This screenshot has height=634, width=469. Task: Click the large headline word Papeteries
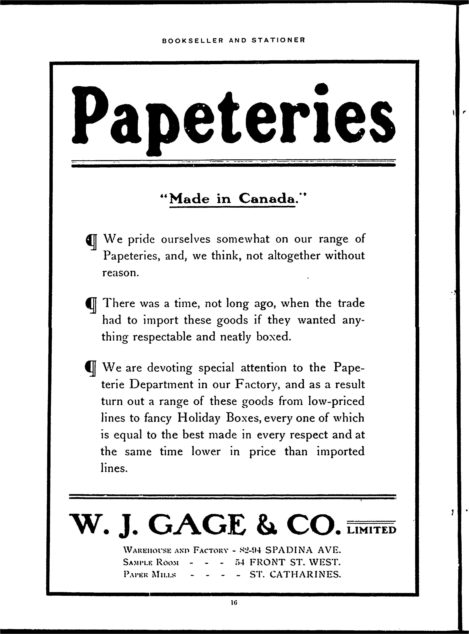tap(233, 119)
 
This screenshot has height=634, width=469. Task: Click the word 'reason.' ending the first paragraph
tap(121, 273)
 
